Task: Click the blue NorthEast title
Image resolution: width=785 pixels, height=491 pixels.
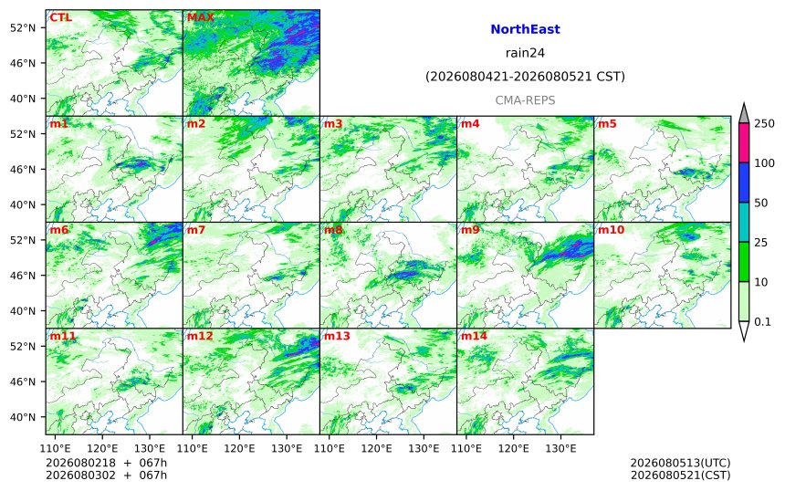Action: tap(525, 29)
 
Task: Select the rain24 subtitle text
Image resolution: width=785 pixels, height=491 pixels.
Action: tap(525, 53)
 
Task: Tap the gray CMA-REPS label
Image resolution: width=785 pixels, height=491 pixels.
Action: tap(525, 100)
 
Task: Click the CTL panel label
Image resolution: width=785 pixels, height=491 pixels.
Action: tap(60, 17)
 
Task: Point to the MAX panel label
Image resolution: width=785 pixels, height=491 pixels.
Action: tap(200, 17)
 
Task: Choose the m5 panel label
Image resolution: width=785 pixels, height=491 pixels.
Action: tap(607, 123)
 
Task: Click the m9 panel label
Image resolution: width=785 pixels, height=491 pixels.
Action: tap(470, 230)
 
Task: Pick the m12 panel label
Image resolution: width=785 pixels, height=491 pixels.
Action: tap(200, 336)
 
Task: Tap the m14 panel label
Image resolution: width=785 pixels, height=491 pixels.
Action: tap(474, 336)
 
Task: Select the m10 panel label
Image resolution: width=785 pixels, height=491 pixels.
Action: tap(611, 230)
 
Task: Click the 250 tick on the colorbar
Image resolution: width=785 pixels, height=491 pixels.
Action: tap(764, 123)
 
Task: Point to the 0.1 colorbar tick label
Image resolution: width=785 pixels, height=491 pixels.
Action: tap(762, 322)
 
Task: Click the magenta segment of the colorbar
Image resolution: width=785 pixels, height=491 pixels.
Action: tap(744, 142)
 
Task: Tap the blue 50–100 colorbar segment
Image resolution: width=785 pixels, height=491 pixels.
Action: tap(744, 183)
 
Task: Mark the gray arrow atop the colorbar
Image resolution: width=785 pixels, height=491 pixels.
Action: tap(744, 113)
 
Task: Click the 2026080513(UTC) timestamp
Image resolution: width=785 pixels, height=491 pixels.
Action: tap(680, 463)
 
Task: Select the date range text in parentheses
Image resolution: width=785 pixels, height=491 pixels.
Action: tap(525, 77)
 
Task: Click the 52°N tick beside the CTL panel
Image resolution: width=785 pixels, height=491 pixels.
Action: tap(23, 28)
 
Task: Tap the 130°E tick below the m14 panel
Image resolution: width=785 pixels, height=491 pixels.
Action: tap(560, 448)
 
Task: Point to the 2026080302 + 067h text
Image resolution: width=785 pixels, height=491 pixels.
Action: tap(106, 475)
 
